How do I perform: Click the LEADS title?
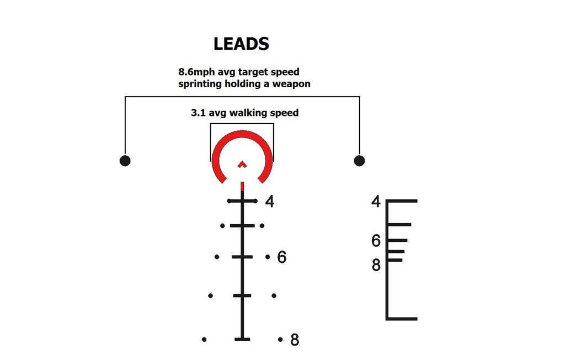click(x=241, y=44)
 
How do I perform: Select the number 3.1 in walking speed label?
click(x=198, y=113)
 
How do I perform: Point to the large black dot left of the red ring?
click(x=125, y=161)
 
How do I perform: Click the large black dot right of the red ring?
click(x=359, y=161)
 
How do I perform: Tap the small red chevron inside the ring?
click(x=242, y=164)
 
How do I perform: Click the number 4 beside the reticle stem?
click(x=269, y=202)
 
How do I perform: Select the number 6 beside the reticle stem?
click(x=281, y=257)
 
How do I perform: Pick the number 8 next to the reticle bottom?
click(x=295, y=340)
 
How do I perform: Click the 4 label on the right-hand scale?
click(x=376, y=202)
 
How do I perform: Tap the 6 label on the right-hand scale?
click(x=376, y=241)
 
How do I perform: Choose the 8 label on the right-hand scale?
click(x=376, y=265)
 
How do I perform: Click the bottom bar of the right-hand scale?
click(x=402, y=318)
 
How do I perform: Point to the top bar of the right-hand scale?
click(x=402, y=201)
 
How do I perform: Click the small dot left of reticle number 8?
click(x=281, y=339)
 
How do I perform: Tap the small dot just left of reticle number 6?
click(x=267, y=257)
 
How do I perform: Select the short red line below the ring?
click(x=242, y=187)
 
